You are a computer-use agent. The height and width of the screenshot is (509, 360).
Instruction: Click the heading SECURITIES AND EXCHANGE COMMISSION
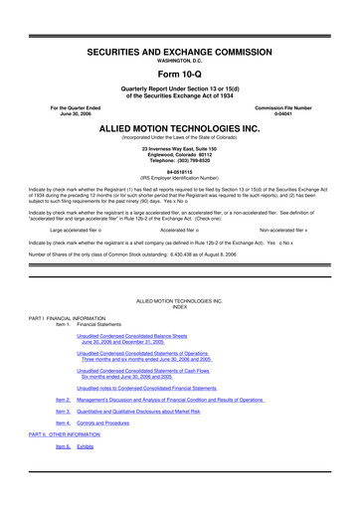click(180, 48)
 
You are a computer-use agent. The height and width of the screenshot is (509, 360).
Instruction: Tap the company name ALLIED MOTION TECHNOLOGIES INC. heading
click(180, 128)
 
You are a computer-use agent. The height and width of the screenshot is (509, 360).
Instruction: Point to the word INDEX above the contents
click(180, 306)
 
